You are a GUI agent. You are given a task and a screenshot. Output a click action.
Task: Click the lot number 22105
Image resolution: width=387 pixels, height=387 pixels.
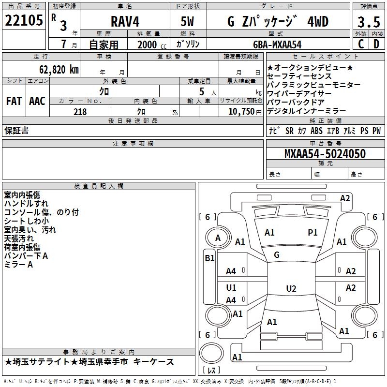(x=24, y=21)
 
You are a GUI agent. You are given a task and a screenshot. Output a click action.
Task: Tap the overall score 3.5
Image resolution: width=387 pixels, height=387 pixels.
(x=368, y=23)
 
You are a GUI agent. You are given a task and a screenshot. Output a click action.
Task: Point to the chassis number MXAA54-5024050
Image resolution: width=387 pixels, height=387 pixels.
(x=325, y=154)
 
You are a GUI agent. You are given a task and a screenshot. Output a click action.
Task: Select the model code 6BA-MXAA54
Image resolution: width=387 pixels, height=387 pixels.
(x=278, y=45)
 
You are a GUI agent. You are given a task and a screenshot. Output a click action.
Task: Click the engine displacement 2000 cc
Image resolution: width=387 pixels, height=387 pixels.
(x=148, y=45)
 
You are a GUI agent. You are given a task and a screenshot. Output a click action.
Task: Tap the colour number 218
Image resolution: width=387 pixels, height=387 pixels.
(x=80, y=112)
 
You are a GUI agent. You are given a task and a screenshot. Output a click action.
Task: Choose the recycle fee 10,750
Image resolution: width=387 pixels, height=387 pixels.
(x=241, y=112)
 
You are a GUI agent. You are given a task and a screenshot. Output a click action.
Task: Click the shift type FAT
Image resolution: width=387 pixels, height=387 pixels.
(x=14, y=101)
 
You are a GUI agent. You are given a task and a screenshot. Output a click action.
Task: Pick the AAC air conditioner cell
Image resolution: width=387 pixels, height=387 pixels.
(x=37, y=101)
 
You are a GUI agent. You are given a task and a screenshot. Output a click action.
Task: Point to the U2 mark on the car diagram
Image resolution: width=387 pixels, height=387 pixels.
(x=291, y=289)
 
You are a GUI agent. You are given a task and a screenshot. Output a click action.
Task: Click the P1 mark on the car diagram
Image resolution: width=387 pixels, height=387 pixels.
(x=313, y=233)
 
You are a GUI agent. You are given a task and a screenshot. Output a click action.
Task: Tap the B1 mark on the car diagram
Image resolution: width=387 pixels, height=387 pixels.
(x=209, y=258)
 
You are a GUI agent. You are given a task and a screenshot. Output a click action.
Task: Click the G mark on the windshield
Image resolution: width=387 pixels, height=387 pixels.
(x=277, y=254)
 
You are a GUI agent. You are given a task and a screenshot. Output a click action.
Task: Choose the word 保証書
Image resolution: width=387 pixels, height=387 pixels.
(x=16, y=130)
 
